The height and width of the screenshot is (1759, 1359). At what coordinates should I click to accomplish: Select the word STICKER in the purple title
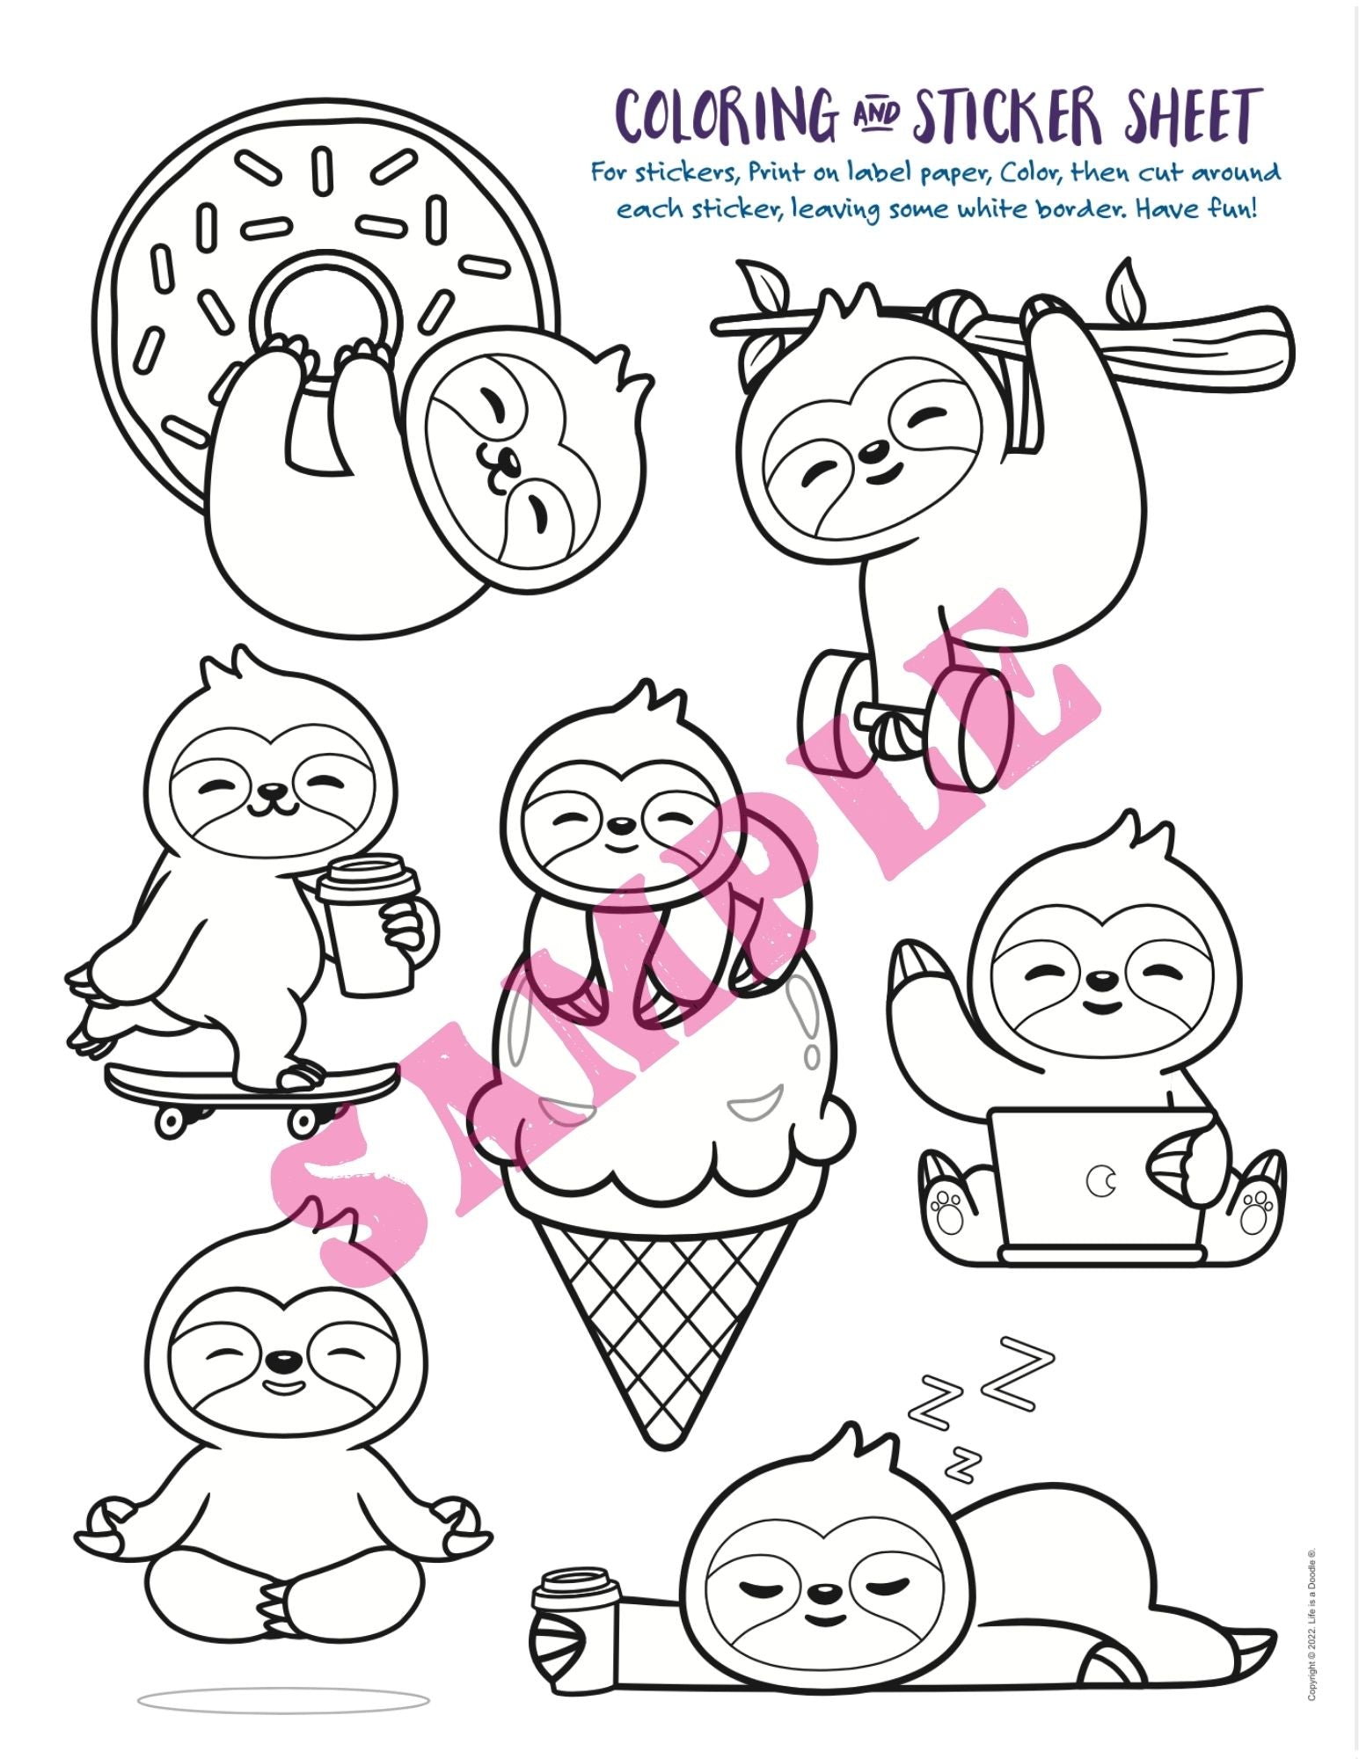click(x=1008, y=115)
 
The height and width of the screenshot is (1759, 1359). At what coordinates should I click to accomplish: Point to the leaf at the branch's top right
click(x=1126, y=284)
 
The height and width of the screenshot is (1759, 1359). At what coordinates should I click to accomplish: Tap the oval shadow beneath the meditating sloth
click(x=283, y=1701)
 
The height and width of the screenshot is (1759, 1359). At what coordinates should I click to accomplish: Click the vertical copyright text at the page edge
click(x=1312, y=1624)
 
